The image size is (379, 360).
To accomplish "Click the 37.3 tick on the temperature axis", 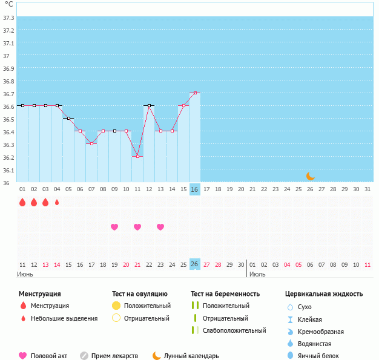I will (8, 18).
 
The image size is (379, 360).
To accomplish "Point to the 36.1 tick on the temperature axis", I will (8, 170).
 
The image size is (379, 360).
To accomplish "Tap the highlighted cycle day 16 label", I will (194, 189).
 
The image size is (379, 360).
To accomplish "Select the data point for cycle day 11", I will (137, 156).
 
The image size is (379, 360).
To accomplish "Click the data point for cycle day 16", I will (194, 93).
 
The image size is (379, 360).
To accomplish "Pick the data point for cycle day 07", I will (91, 143).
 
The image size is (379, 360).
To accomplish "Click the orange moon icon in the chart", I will (310, 175).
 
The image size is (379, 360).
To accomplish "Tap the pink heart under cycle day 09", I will (114, 227).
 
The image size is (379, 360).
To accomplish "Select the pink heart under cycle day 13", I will (160, 227).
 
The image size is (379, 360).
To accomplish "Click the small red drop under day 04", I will (57, 202).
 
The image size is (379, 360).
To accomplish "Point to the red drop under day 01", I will (22, 202).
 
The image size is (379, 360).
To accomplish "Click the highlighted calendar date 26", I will (194, 264).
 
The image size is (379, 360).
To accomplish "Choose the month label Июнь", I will (25, 274).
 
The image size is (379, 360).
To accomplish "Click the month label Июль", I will (257, 274).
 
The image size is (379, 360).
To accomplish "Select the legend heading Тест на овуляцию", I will (140, 293).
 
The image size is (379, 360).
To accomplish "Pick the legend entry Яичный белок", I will (318, 356).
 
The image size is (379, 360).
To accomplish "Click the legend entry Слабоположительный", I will (234, 330).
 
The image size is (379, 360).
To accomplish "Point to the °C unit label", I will (8, 4).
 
